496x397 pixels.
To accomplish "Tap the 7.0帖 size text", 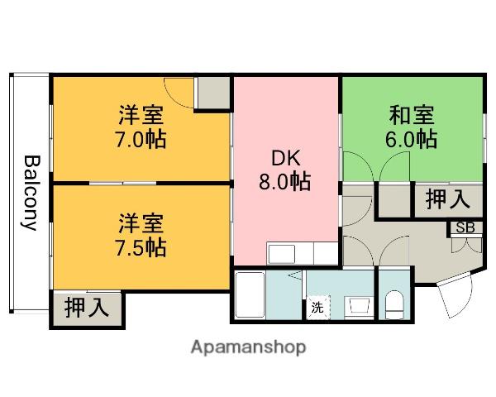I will [x=140, y=138].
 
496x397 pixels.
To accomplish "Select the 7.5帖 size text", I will [x=140, y=246].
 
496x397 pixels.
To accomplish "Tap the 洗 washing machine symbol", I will [x=317, y=308].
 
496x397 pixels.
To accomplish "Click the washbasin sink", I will [x=359, y=306].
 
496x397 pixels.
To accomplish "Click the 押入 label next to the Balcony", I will [x=86, y=308].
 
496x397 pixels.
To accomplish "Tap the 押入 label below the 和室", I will [x=447, y=199].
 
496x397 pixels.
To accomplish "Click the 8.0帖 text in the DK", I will [x=284, y=182].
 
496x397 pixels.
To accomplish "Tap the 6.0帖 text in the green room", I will [x=411, y=138].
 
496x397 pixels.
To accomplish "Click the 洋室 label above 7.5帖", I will [x=140, y=222].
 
